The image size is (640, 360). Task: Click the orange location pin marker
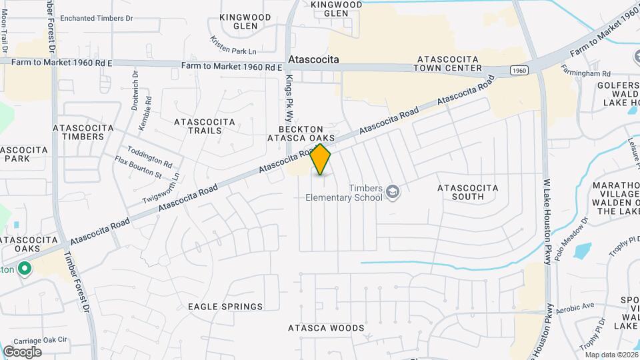point(321,159)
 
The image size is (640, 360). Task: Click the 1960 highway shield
point(520,70)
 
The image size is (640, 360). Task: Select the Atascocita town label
point(313,59)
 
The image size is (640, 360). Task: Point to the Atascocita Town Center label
point(447,63)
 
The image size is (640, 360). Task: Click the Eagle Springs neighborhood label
point(225,307)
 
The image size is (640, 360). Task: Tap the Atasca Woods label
point(326,328)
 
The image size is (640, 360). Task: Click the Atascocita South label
point(467,193)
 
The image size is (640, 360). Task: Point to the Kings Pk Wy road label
point(289,97)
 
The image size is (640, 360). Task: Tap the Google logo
point(22,351)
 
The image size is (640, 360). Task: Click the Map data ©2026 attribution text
point(611,355)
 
